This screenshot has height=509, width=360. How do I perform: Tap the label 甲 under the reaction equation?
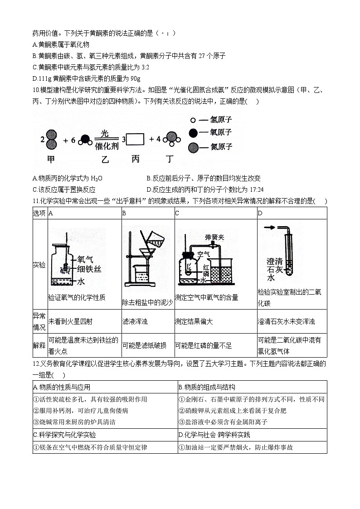pos(51,160)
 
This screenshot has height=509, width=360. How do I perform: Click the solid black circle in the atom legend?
pos(193,133)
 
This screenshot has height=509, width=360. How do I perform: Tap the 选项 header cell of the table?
pos(39,213)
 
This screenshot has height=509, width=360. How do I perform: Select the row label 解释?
pos(39,345)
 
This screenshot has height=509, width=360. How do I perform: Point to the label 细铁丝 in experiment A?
pos(89,269)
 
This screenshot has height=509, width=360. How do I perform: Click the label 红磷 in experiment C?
pos(206,270)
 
